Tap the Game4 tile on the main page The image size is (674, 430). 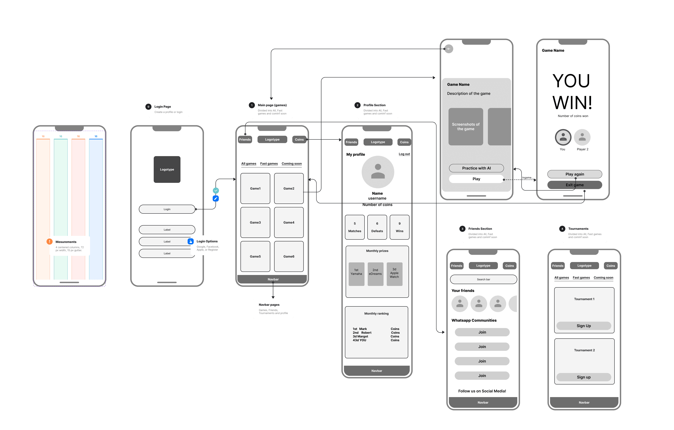click(x=289, y=223)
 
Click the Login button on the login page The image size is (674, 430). click(x=167, y=209)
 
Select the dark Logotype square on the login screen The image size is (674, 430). click(x=167, y=169)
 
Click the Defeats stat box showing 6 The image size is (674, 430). click(x=377, y=227)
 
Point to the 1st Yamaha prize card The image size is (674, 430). click(x=356, y=274)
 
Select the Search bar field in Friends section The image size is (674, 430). click(x=483, y=279)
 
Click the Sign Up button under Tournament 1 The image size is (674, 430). click(x=584, y=326)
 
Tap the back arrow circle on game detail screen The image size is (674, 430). click(x=449, y=49)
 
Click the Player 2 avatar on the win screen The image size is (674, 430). click(x=582, y=137)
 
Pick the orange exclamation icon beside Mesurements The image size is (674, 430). click(x=50, y=242)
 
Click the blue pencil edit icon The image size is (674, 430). click(x=215, y=198)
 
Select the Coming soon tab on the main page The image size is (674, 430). click(x=291, y=164)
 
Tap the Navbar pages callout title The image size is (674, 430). click(x=269, y=305)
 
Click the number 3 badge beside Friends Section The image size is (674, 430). click(x=462, y=229)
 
